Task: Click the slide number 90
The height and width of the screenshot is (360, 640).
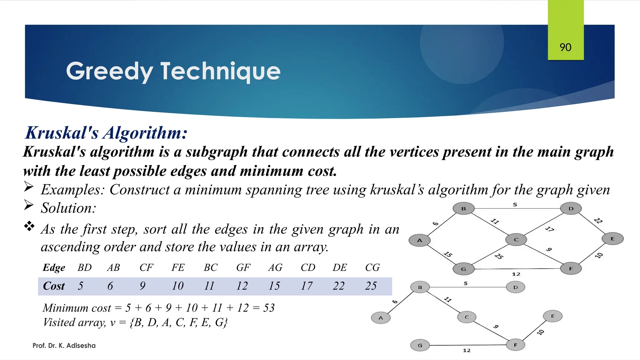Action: (565, 47)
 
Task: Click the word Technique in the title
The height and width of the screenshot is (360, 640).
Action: (220, 71)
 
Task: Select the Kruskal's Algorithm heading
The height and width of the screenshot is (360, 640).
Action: (106, 133)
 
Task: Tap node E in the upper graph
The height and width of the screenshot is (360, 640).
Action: (612, 239)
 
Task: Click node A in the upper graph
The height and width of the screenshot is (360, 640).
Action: (419, 240)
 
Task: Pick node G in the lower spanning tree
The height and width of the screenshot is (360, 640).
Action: (420, 345)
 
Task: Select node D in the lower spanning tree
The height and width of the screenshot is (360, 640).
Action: (515, 287)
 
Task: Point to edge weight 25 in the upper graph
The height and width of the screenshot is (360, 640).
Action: (499, 256)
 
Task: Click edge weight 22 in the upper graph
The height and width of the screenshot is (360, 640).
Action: (598, 221)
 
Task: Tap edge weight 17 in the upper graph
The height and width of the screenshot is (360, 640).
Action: (549, 229)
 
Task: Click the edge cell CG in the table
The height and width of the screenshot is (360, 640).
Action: (372, 267)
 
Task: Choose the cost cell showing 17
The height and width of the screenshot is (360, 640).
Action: (307, 286)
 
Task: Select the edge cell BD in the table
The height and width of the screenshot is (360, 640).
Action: (84, 267)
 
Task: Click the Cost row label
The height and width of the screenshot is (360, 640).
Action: (54, 286)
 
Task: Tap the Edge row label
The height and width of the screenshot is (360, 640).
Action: (54, 267)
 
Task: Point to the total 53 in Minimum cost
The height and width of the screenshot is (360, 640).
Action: (269, 308)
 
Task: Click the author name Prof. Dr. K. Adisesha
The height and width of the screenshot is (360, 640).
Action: (64, 346)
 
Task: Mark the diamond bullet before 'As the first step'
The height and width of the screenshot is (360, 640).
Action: (29, 226)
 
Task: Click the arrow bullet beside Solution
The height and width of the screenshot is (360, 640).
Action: (29, 205)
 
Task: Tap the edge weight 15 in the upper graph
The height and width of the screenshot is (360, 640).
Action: (448, 254)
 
